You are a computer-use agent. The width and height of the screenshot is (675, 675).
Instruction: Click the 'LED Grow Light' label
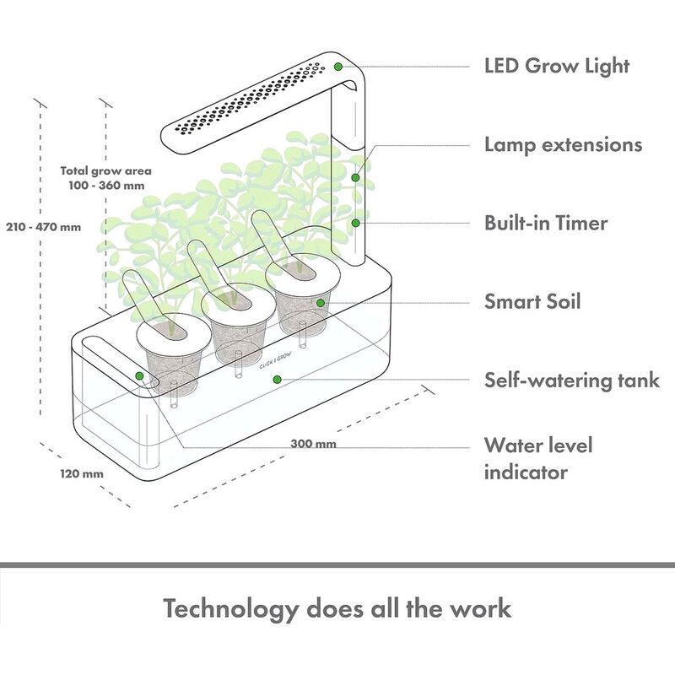point(557,66)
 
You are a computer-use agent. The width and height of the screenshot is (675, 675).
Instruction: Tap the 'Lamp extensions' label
point(563,144)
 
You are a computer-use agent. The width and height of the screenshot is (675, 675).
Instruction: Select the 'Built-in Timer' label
point(546,224)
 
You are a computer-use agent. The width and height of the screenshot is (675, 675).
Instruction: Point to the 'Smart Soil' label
point(532,301)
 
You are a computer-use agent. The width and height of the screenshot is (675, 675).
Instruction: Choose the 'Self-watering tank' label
point(571,381)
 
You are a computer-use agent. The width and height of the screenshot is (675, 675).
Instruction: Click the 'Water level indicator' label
point(538,457)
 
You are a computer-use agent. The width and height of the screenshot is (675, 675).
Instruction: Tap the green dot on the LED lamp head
point(337,67)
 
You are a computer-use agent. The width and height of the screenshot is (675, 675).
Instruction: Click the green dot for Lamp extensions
point(357,177)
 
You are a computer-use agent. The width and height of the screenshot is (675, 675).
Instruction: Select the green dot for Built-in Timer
point(357,223)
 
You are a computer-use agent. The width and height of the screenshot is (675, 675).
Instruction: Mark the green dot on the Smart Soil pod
point(321,301)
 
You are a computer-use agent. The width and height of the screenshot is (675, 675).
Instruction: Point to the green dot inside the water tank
point(275,380)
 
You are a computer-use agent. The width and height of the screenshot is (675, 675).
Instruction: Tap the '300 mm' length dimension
point(307,444)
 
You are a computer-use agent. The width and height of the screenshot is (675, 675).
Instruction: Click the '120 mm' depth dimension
point(82,473)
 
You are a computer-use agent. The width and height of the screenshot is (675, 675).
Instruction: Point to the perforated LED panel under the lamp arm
point(245,101)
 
